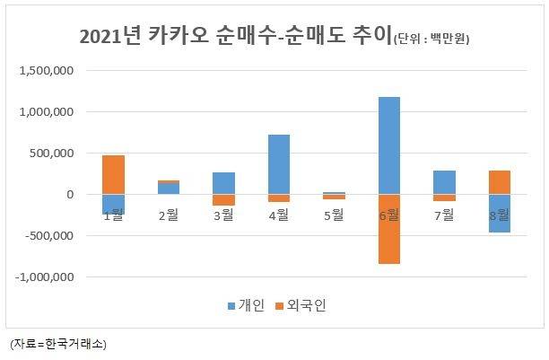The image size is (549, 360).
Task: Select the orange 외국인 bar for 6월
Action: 388,229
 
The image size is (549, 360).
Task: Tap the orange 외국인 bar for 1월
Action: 113,174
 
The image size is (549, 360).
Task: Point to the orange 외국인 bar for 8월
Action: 499,182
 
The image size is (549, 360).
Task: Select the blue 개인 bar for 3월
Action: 223,183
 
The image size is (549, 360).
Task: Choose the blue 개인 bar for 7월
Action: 443,182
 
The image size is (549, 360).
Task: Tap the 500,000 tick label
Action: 50,154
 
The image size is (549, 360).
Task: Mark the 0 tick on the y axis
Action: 72,195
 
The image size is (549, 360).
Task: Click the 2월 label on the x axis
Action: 168,215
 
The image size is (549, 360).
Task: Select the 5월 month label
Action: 334,215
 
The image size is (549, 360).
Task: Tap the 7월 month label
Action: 443,215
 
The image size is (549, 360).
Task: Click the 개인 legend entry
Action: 246,306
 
